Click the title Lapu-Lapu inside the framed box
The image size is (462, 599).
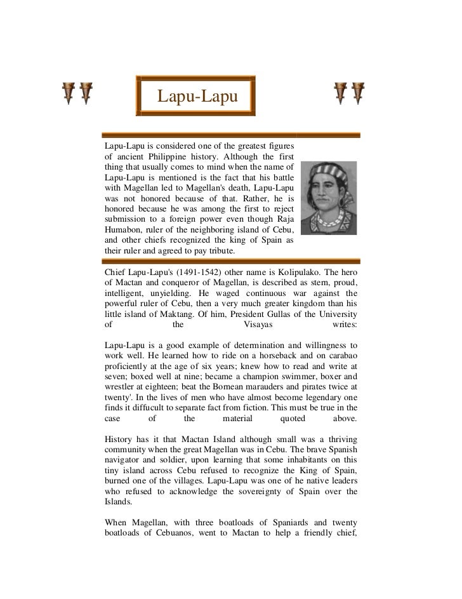coord(197,97)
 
